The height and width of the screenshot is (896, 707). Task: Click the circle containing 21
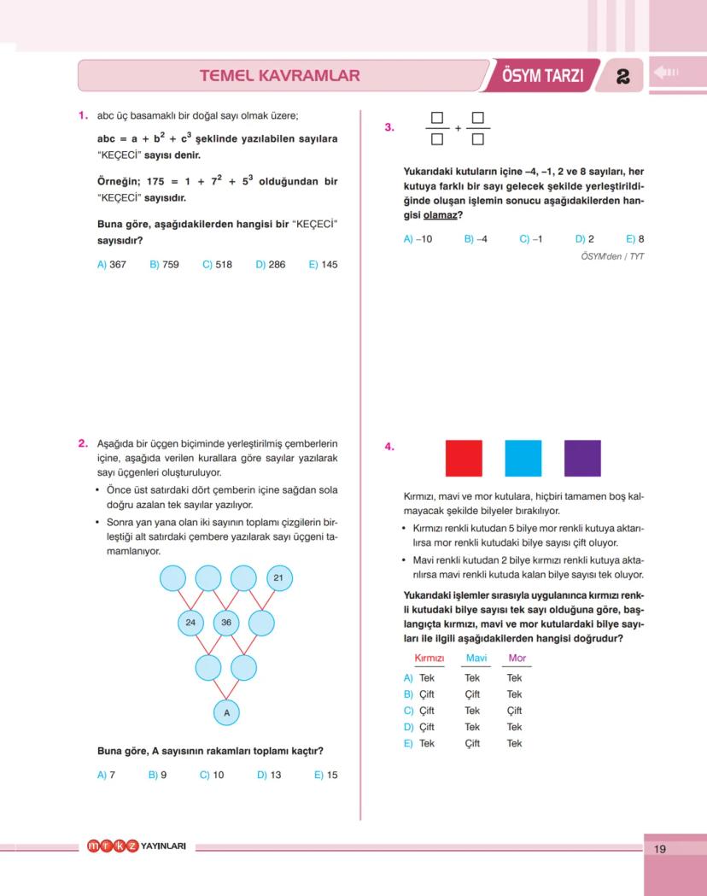(x=278, y=578)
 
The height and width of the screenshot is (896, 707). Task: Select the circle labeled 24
(x=190, y=623)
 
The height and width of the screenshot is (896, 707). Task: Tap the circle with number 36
(x=226, y=623)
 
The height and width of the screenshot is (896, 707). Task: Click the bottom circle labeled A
(x=226, y=712)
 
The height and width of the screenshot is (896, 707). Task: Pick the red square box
(x=464, y=458)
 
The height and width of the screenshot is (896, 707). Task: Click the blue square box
(x=523, y=458)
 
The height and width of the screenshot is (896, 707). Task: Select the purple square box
(x=582, y=458)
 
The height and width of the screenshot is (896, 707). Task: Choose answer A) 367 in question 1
(x=112, y=265)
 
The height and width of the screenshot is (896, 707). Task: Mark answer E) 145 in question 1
(x=323, y=265)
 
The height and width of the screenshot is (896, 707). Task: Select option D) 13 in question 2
(x=269, y=776)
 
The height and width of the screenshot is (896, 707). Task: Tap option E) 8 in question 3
(x=634, y=239)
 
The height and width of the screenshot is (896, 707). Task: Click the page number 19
(x=659, y=849)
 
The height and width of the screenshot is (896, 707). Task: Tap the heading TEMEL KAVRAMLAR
(x=279, y=76)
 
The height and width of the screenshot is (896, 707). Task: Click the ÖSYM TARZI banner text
(x=543, y=76)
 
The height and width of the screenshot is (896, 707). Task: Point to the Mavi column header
(x=476, y=658)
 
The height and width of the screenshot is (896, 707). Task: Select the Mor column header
(x=517, y=658)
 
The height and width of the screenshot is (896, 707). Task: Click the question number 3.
(x=389, y=127)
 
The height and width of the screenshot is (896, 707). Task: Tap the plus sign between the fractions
(x=458, y=128)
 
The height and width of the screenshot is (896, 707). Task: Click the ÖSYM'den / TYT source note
(x=612, y=255)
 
